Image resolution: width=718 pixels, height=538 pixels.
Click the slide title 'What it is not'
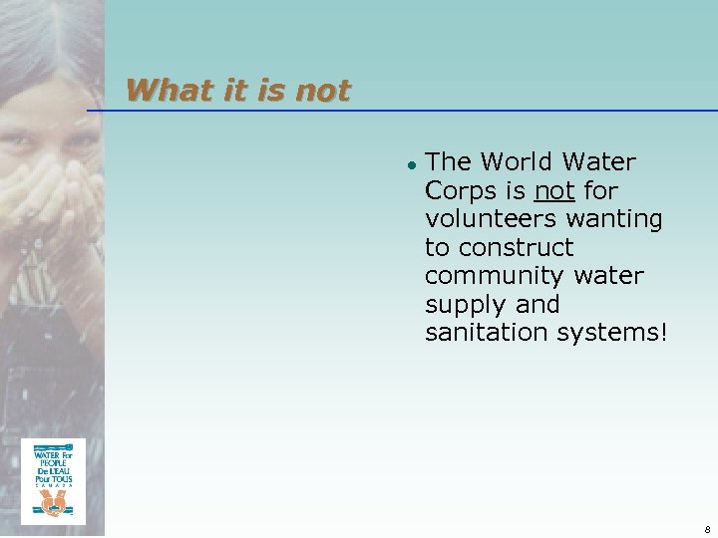238,91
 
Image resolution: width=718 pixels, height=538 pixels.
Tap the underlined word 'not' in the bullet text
554,190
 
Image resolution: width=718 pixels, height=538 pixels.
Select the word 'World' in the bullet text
517,161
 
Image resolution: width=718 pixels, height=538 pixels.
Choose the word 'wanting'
616,218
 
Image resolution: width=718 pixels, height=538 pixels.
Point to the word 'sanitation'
480,333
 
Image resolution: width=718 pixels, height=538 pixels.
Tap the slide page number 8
706,529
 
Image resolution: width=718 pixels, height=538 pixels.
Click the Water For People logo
53,481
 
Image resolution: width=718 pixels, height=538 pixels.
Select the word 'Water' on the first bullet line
598,161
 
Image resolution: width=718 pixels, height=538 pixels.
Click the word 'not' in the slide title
323,91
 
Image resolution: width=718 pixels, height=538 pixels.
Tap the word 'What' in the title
161,91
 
